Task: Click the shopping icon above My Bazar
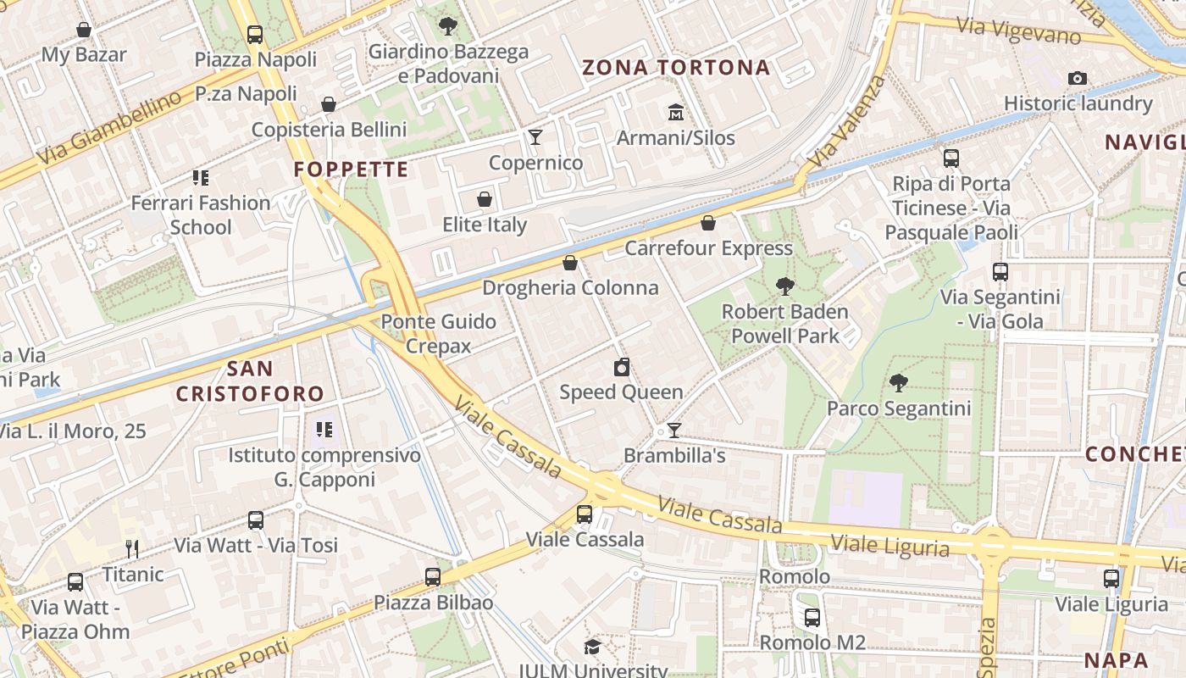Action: pos(84,31)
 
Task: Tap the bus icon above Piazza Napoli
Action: pos(255,35)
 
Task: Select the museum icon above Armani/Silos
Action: pos(676,112)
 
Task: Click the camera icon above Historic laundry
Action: pos(1078,79)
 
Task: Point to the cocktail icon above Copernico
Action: pos(535,136)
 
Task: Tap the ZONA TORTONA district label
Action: pos(676,68)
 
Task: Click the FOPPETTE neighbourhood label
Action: pos(351,169)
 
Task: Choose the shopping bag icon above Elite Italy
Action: pos(485,200)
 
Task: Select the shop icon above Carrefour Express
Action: pos(708,223)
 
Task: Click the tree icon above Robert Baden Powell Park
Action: pos(785,286)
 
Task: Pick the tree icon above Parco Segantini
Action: pos(899,383)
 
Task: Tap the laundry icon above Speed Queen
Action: pos(622,367)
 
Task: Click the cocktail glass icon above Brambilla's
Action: pos(674,431)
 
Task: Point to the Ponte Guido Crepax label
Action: pos(438,333)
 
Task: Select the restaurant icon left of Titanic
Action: pos(131,549)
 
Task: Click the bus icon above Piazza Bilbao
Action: pos(433,577)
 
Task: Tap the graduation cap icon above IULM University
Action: pos(592,647)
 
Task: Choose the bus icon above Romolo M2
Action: pos(812,618)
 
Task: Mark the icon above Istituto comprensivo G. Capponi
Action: pos(324,430)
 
